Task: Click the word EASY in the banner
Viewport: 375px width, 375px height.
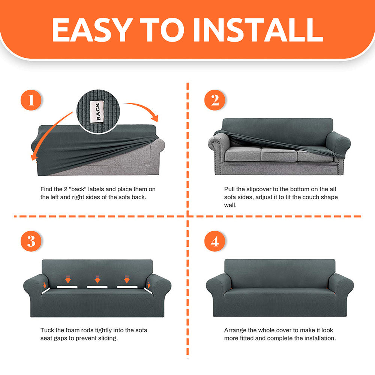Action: (93, 30)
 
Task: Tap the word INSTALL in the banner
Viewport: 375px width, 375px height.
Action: (258, 30)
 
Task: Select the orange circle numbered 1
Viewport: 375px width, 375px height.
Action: (31, 100)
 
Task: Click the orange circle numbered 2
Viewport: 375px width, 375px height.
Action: (215, 100)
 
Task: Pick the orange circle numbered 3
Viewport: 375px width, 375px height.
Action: (31, 241)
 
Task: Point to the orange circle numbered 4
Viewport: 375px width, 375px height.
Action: (215, 241)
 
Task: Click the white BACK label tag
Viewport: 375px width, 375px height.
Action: (97, 111)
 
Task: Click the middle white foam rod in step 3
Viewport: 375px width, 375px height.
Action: (97, 287)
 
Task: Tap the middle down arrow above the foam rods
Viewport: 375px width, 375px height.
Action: (97, 279)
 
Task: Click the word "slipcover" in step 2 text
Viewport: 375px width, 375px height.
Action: (259, 189)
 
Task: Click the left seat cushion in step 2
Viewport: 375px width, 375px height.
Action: (243, 154)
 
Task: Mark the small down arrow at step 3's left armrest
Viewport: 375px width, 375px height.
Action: (45, 285)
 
